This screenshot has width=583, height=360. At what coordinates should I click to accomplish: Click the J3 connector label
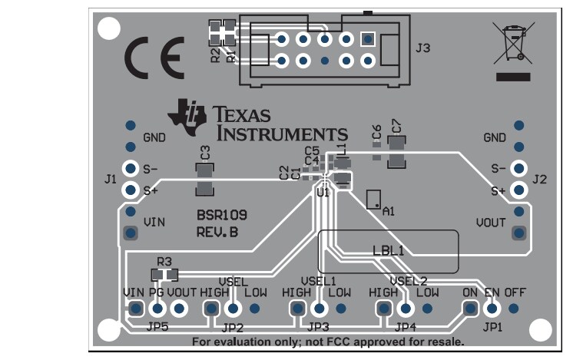(x=422, y=48)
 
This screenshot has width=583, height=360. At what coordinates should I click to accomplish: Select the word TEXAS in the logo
(x=243, y=114)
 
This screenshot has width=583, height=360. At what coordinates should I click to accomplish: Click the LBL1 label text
(x=389, y=249)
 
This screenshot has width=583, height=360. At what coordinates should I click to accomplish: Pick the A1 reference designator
(x=388, y=210)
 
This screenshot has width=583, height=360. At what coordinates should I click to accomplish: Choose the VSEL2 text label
(x=408, y=280)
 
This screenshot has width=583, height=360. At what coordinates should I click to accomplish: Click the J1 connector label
(x=110, y=179)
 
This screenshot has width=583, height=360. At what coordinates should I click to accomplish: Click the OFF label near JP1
(x=515, y=292)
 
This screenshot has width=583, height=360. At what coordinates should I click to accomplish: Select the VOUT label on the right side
(x=491, y=223)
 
